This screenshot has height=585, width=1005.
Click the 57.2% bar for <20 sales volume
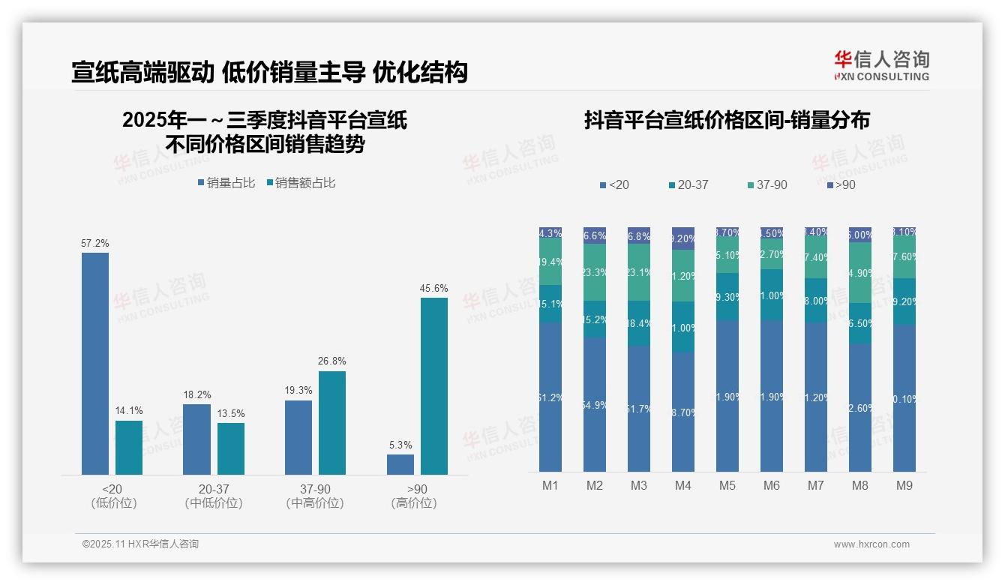point(95,364)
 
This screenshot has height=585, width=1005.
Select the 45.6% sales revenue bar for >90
point(433,386)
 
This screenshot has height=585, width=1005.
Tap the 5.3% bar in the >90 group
point(400,464)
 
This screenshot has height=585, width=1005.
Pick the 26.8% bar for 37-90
point(331,423)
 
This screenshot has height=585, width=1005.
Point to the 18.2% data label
point(197,394)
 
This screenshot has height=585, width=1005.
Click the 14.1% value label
point(129,411)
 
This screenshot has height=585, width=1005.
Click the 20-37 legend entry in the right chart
point(688,184)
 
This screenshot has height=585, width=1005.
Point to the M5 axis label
point(727,486)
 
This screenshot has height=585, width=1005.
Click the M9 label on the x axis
point(904,486)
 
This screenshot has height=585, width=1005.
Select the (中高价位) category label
point(315,503)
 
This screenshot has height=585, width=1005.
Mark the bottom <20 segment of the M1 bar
point(550,397)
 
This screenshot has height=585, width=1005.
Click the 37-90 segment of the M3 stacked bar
point(639,272)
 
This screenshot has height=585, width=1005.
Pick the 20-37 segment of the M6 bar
point(772,295)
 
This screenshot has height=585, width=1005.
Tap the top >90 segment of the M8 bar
point(860,234)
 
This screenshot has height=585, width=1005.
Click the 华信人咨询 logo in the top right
point(881,65)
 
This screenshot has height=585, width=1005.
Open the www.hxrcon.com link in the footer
point(871,544)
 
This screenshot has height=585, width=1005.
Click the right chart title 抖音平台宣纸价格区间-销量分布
point(727,121)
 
